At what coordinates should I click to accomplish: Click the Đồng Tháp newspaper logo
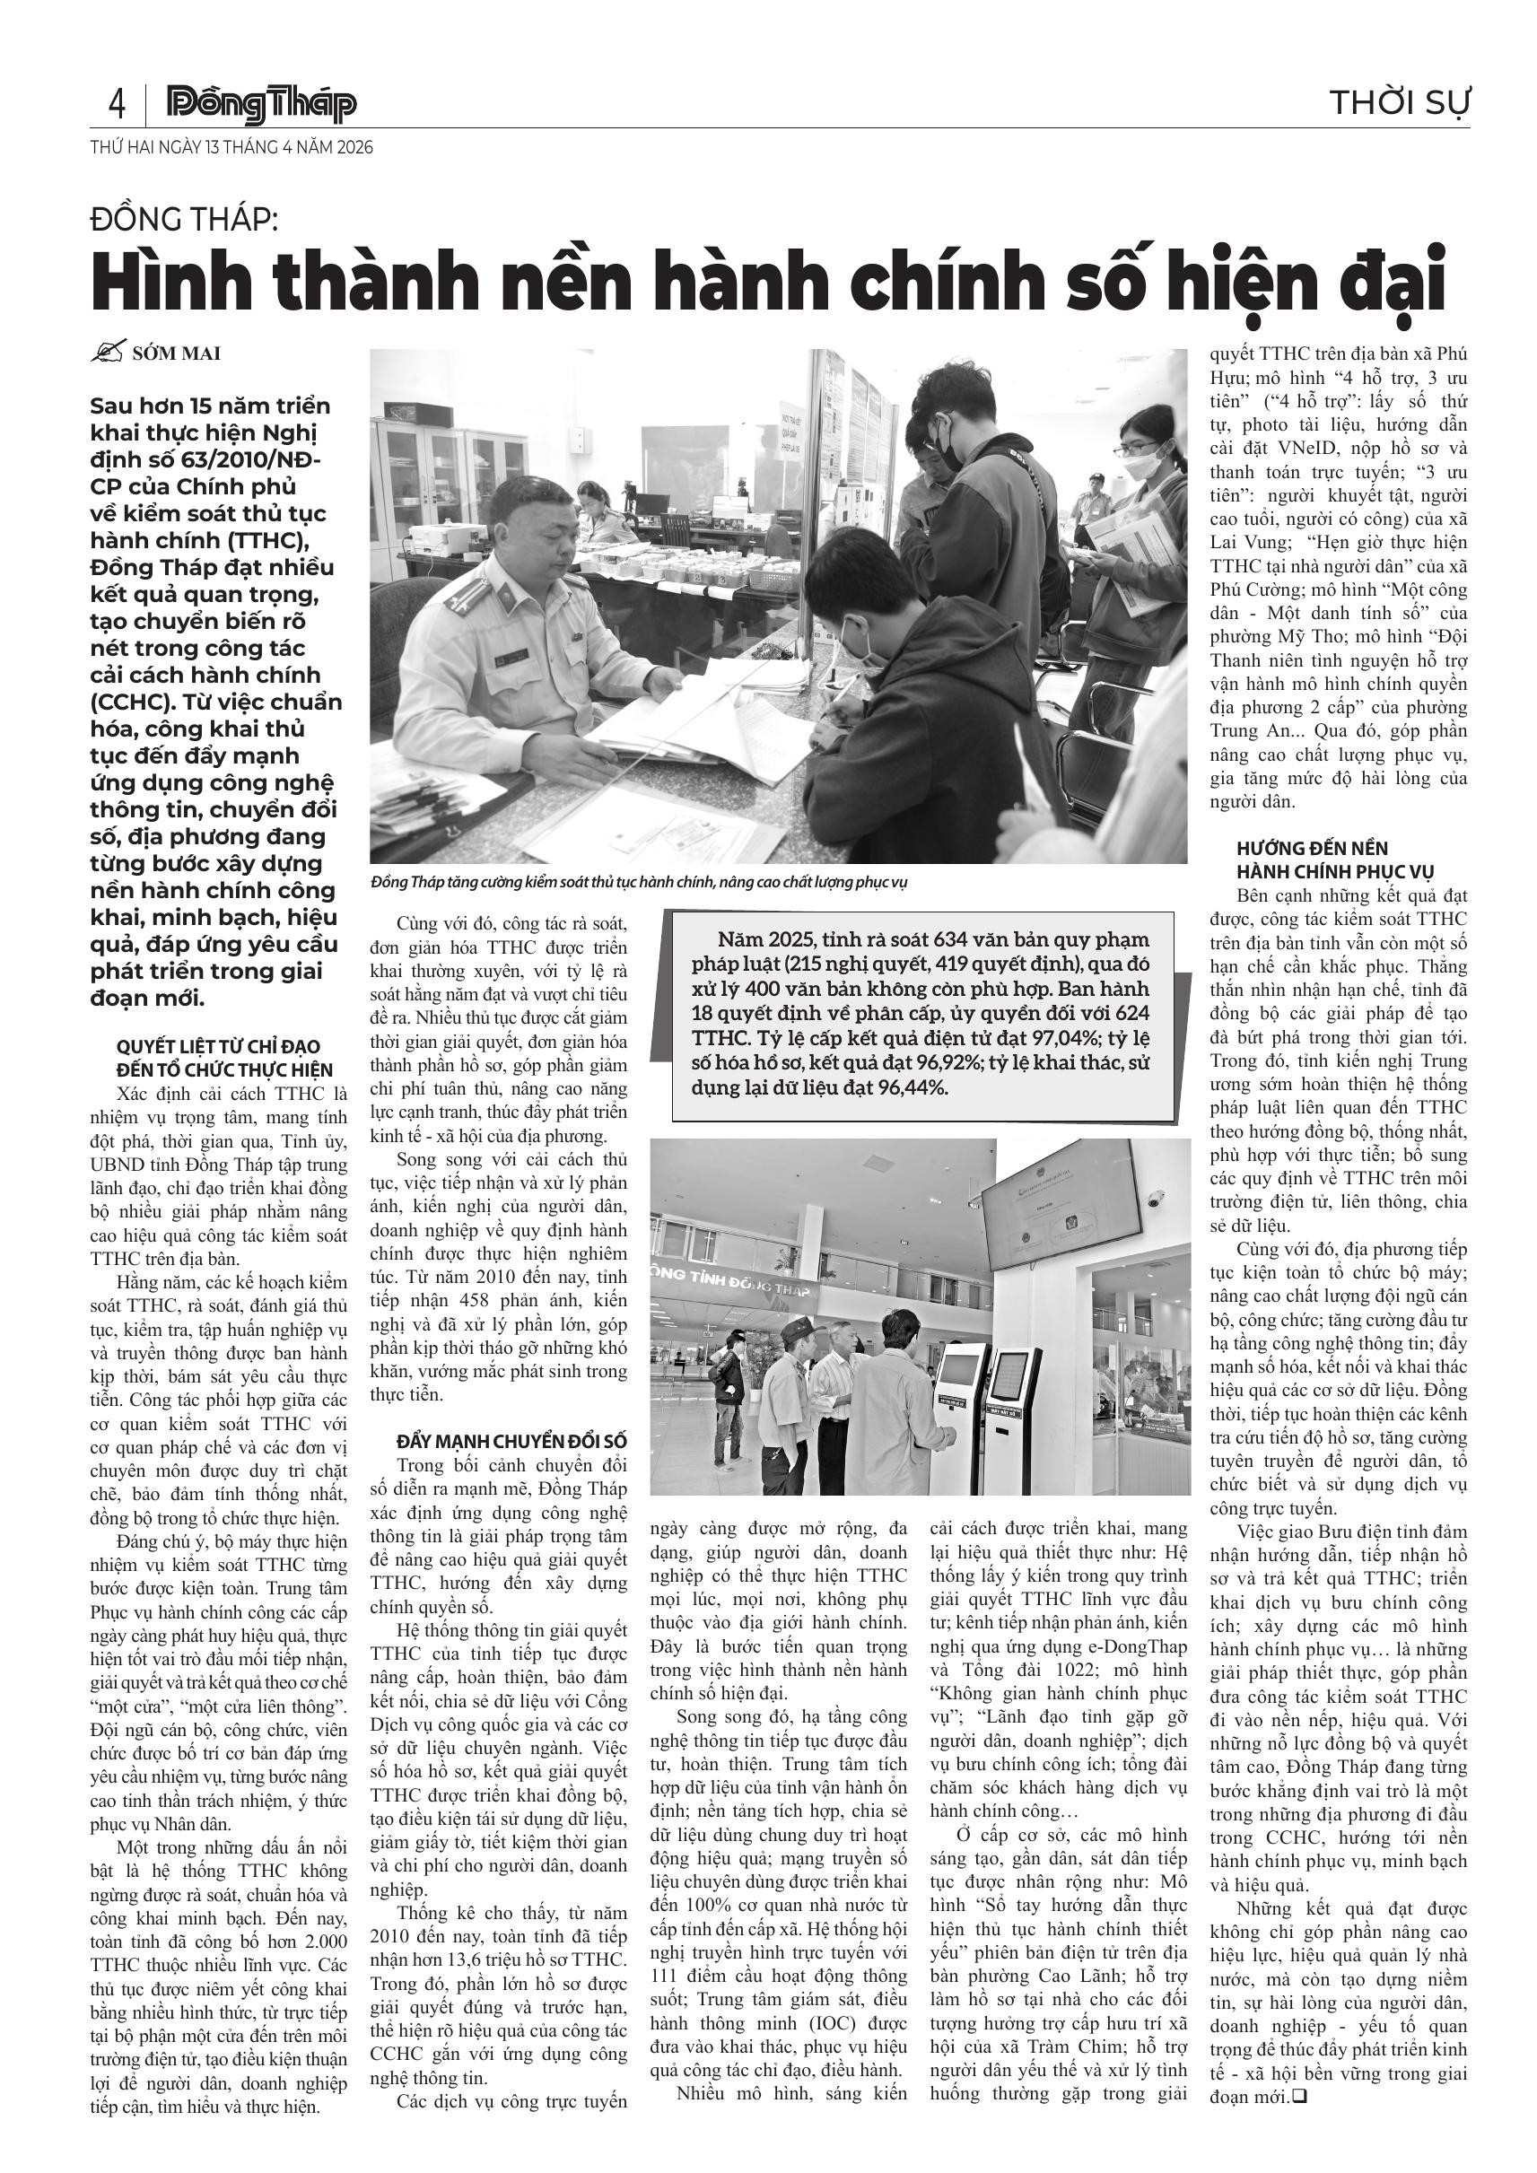260,105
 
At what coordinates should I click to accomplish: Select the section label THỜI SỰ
1399,102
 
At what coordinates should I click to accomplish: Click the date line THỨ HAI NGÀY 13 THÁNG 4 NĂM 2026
231,148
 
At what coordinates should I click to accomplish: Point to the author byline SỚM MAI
176,354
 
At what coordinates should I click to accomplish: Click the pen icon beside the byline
108,352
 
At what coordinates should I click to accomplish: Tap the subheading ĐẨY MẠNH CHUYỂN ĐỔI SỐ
511,1442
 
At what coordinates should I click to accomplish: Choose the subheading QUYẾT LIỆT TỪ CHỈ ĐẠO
218,1047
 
